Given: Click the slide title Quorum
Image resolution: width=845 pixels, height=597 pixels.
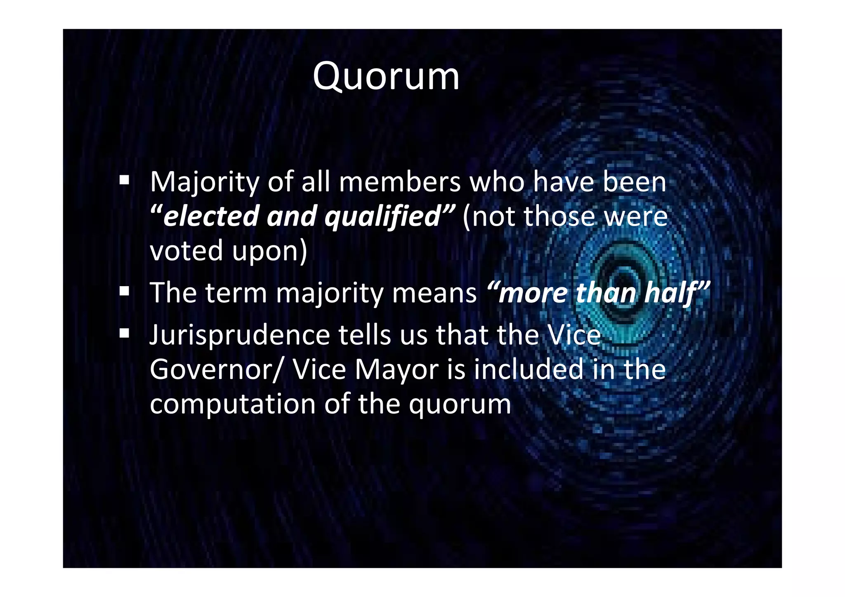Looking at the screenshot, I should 386,77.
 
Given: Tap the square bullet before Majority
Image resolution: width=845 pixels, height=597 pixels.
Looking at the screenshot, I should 124,180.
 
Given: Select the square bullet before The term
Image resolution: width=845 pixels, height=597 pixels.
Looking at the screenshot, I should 124,291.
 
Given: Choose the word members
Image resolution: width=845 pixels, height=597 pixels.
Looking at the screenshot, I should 399,182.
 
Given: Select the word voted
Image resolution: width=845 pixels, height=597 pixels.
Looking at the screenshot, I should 186,251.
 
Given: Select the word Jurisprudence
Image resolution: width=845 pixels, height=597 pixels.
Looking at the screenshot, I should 240,336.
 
